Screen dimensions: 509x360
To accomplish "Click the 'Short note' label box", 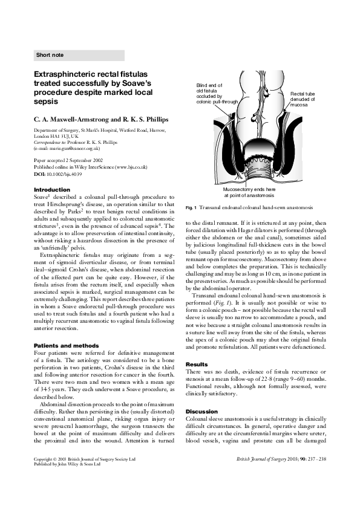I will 79,55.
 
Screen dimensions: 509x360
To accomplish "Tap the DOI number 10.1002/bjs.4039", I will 68,173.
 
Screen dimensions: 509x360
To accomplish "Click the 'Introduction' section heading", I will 51,190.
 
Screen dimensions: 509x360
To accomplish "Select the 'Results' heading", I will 197,348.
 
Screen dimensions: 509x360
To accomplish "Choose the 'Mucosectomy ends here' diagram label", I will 249,192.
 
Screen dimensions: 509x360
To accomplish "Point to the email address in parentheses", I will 67,148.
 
